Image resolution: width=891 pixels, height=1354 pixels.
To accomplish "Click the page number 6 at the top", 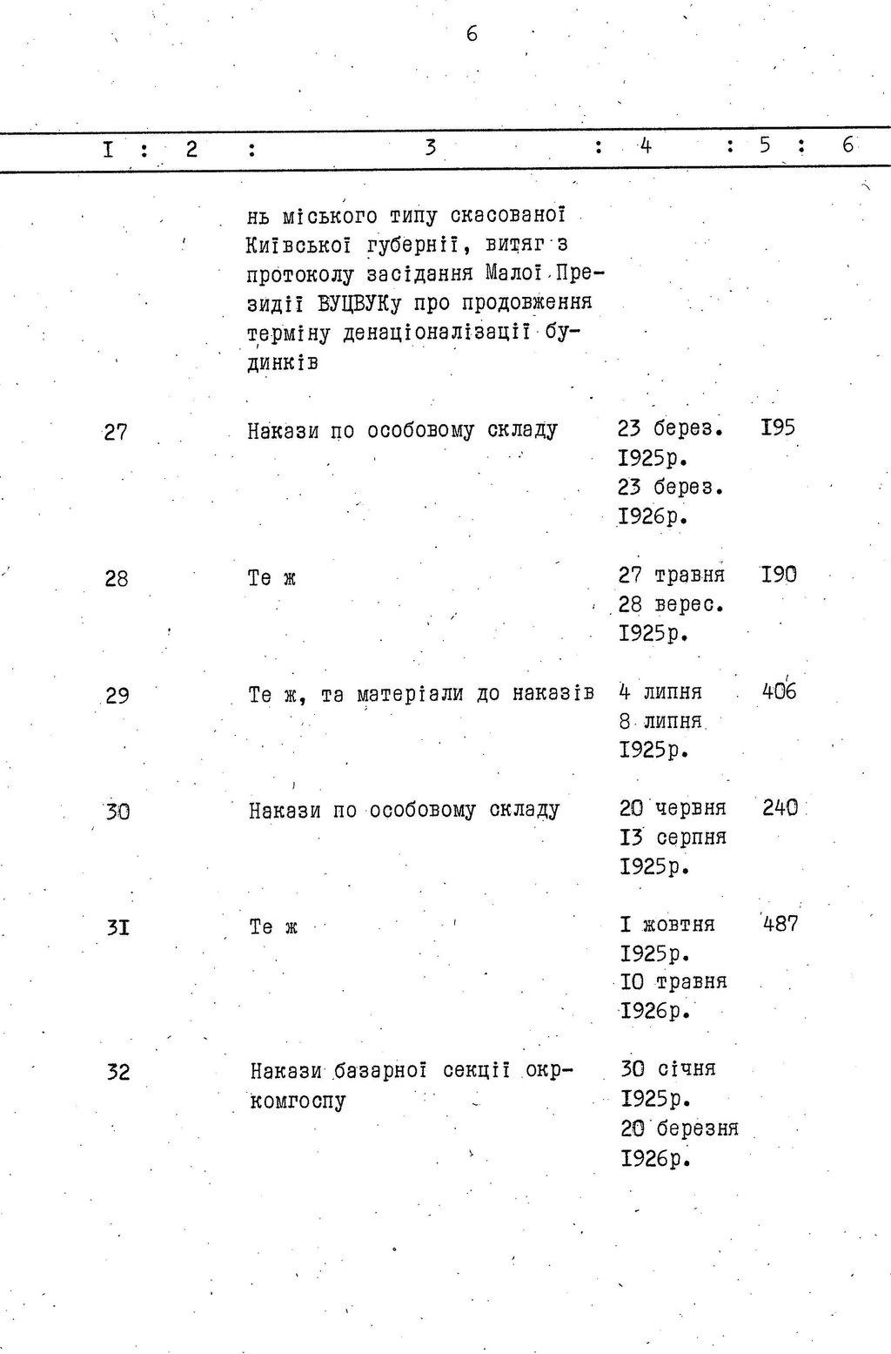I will tap(472, 34).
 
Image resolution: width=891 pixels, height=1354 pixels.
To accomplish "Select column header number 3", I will tap(430, 147).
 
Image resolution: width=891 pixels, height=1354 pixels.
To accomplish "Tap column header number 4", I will tap(645, 146).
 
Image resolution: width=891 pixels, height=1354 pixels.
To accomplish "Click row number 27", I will tap(116, 432).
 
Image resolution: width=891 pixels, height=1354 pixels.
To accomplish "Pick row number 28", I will tap(117, 578).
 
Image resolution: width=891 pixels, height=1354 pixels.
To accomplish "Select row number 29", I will tap(117, 696).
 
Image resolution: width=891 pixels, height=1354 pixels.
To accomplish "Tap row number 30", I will tap(117, 812).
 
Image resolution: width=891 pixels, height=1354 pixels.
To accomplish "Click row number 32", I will tap(118, 1073).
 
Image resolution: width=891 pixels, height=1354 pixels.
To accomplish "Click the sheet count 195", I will tap(778, 428).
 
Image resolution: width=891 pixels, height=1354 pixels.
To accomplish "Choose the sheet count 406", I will tap(779, 691).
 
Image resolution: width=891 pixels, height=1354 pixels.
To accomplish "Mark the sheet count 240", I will tap(780, 808).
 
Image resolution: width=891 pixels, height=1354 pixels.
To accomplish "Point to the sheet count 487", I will tap(780, 924).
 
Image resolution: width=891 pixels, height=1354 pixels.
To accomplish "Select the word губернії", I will tap(412, 245).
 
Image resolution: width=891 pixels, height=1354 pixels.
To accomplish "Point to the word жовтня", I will tap(678, 924).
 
